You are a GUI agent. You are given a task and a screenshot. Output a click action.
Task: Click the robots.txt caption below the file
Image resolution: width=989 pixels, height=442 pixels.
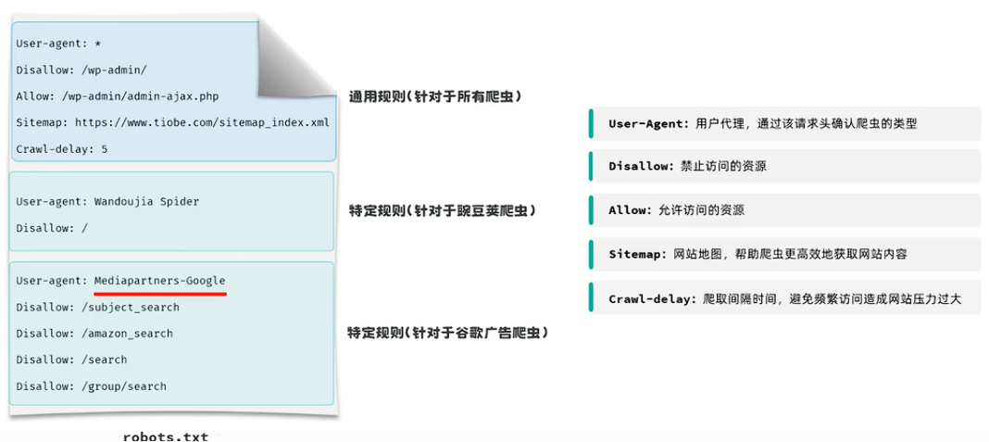[x=166, y=436]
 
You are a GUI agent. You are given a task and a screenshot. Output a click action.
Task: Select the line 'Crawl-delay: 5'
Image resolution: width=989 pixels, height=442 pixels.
[x=62, y=148]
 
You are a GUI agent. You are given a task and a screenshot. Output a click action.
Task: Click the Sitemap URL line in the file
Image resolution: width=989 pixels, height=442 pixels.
[x=172, y=121]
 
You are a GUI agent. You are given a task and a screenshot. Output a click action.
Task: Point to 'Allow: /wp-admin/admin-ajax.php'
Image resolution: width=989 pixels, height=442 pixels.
[x=118, y=95]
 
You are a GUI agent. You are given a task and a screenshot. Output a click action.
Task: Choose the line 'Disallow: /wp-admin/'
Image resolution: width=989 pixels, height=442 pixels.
[x=81, y=69]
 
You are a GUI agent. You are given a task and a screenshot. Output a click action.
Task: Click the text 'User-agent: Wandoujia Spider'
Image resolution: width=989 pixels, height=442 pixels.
[x=107, y=201]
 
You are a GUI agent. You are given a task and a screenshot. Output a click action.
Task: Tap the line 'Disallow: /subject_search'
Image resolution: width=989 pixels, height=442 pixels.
[x=98, y=307]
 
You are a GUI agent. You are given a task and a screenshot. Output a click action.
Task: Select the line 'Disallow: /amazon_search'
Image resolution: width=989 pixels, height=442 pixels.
[x=94, y=333]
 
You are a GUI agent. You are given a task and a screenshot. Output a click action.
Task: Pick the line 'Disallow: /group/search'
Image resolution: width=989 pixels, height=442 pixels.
[x=92, y=385]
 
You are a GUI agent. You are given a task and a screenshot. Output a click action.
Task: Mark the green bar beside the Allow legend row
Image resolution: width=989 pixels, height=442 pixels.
[x=591, y=209]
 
